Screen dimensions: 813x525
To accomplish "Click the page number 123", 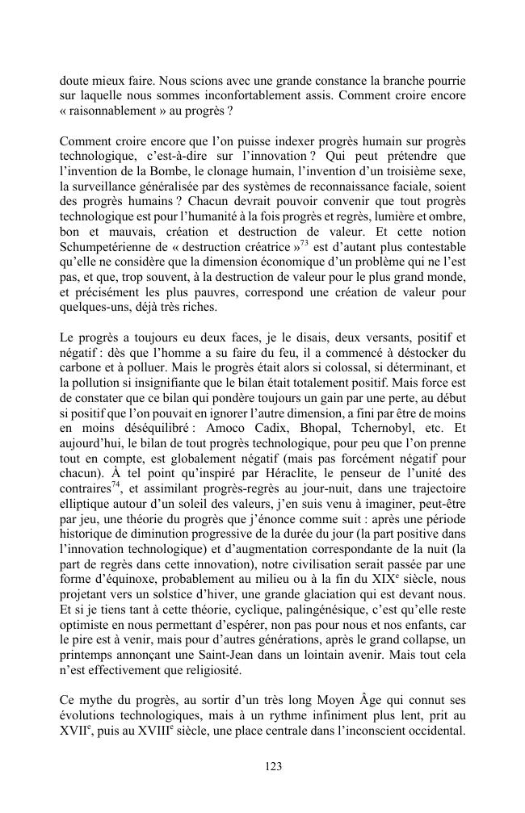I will point(262,767).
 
